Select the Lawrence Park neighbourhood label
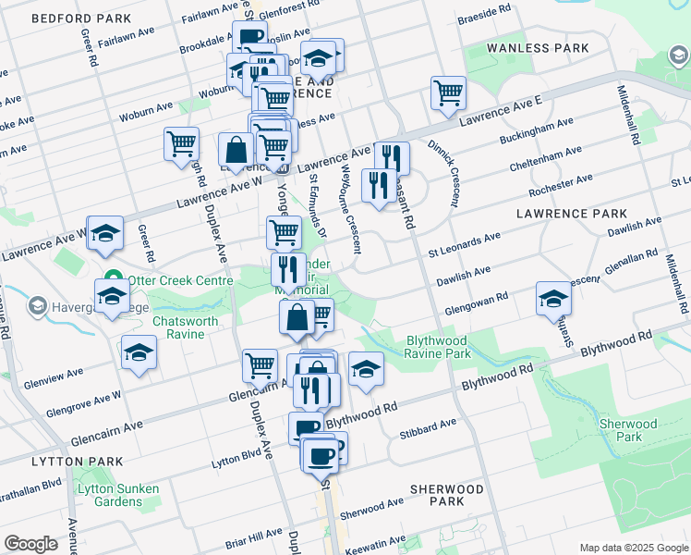tap(571, 213)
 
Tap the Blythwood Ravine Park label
tap(439, 347)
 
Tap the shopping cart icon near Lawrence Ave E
tap(448, 92)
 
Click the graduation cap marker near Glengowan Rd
tap(553, 299)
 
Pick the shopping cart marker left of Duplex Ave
tap(181, 143)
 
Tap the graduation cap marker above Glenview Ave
tap(139, 352)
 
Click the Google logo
tap(30, 544)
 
